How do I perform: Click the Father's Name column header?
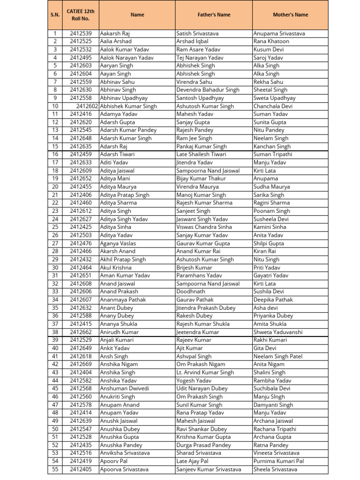click(214, 15)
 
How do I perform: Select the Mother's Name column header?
click(290, 15)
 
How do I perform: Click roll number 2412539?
click(81, 33)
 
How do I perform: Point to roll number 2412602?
click(88, 106)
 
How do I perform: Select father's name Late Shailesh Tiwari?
click(201, 154)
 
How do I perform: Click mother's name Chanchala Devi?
click(273, 106)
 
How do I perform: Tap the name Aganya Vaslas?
click(118, 243)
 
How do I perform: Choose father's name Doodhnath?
click(191, 292)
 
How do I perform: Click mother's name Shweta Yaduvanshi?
click(277, 332)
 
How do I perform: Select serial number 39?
click(55, 340)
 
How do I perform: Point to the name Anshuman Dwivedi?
click(125, 388)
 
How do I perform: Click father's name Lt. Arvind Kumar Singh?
click(205, 372)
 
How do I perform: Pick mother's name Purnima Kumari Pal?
click(278, 461)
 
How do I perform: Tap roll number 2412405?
click(81, 469)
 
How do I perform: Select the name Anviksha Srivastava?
click(125, 453)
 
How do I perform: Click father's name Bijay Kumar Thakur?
click(201, 179)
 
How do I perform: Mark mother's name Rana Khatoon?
click(271, 41)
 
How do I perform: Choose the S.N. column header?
click(55, 15)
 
